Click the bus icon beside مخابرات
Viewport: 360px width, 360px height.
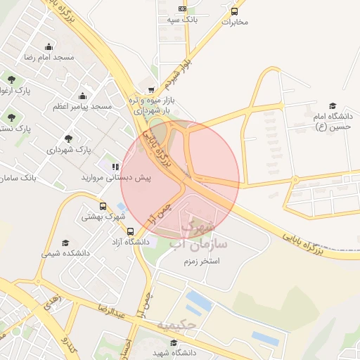pyautogui.click(x=235, y=11)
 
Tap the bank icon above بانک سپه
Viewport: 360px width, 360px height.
pyautogui.click(x=183, y=9)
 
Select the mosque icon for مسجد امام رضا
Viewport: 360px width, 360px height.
pyautogui.click(x=49, y=44)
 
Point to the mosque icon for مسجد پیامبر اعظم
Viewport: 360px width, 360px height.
pyautogui.click(x=83, y=96)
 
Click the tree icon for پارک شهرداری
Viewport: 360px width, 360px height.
pyautogui.click(x=68, y=139)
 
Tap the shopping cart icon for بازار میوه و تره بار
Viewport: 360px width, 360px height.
pyautogui.click(x=152, y=90)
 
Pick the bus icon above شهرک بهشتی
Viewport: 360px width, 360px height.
pyautogui.click(x=103, y=207)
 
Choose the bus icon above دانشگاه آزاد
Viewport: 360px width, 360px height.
pyautogui.click(x=131, y=231)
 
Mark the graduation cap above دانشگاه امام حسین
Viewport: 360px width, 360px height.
pyautogui.click(x=333, y=105)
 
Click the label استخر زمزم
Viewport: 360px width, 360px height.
pyautogui.click(x=219, y=261)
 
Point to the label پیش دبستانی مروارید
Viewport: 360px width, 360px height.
pyautogui.click(x=115, y=179)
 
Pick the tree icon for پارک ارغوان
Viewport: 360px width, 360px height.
pyautogui.click(x=11, y=79)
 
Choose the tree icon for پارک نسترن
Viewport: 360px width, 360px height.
pyautogui.click(x=11, y=117)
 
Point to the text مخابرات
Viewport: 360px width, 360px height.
pyautogui.click(x=235, y=22)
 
